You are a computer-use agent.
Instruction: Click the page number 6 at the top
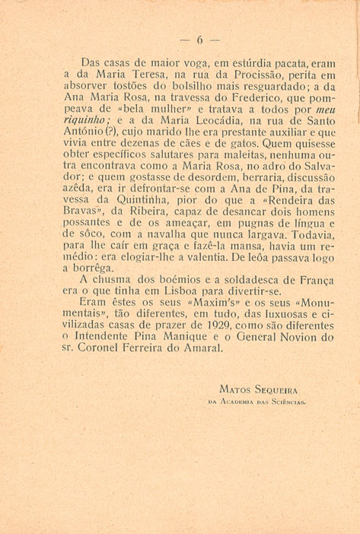tap(199, 40)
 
